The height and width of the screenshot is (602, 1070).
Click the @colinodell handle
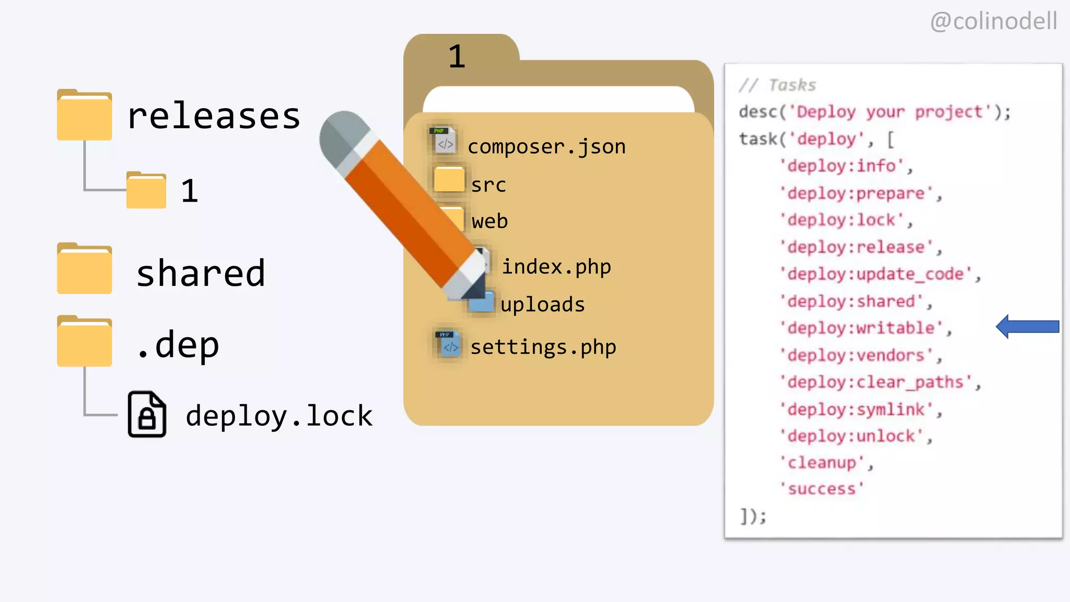[x=993, y=21]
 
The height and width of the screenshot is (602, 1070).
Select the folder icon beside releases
[x=84, y=115]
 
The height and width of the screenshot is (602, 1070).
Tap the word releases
[x=214, y=116]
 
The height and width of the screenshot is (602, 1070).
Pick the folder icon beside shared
[x=84, y=269]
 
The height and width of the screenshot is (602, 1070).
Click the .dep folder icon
[x=84, y=341]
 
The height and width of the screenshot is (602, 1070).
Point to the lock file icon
[x=147, y=414]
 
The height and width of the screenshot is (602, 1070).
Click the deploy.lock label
[x=279, y=416]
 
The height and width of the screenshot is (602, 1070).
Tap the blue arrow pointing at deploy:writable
[x=1027, y=327]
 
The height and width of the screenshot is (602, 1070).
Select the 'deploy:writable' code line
[x=865, y=328]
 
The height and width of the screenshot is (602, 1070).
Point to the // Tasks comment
[x=777, y=85]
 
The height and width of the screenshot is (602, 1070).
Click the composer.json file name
[x=546, y=147]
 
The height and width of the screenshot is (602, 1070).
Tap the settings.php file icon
[x=448, y=344]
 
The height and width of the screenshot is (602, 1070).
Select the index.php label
[x=556, y=267]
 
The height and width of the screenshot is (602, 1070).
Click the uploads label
[x=542, y=305]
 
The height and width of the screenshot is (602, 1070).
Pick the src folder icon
[x=449, y=179]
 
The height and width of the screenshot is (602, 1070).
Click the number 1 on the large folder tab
[x=457, y=56]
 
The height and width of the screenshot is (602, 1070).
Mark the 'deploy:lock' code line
[x=845, y=220]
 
